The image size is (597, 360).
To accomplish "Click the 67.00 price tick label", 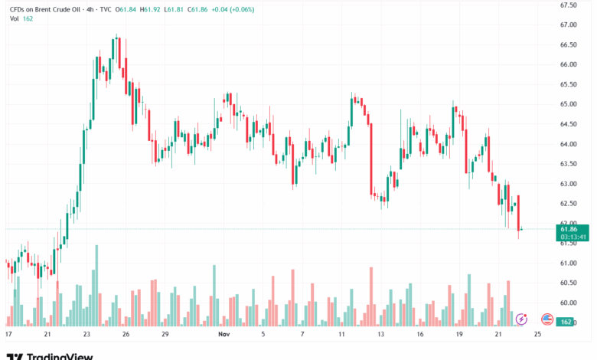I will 568,25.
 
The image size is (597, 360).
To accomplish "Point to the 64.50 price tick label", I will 568,124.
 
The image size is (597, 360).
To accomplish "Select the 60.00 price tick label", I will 568,303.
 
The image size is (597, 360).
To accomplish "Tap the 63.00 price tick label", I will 568,184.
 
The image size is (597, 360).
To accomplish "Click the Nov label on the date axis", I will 223,335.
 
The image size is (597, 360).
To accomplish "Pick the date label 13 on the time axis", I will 380,335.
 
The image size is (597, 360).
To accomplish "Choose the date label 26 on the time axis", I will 126,335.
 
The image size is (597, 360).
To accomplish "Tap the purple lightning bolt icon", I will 521,318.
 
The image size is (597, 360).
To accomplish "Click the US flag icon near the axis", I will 546,318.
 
